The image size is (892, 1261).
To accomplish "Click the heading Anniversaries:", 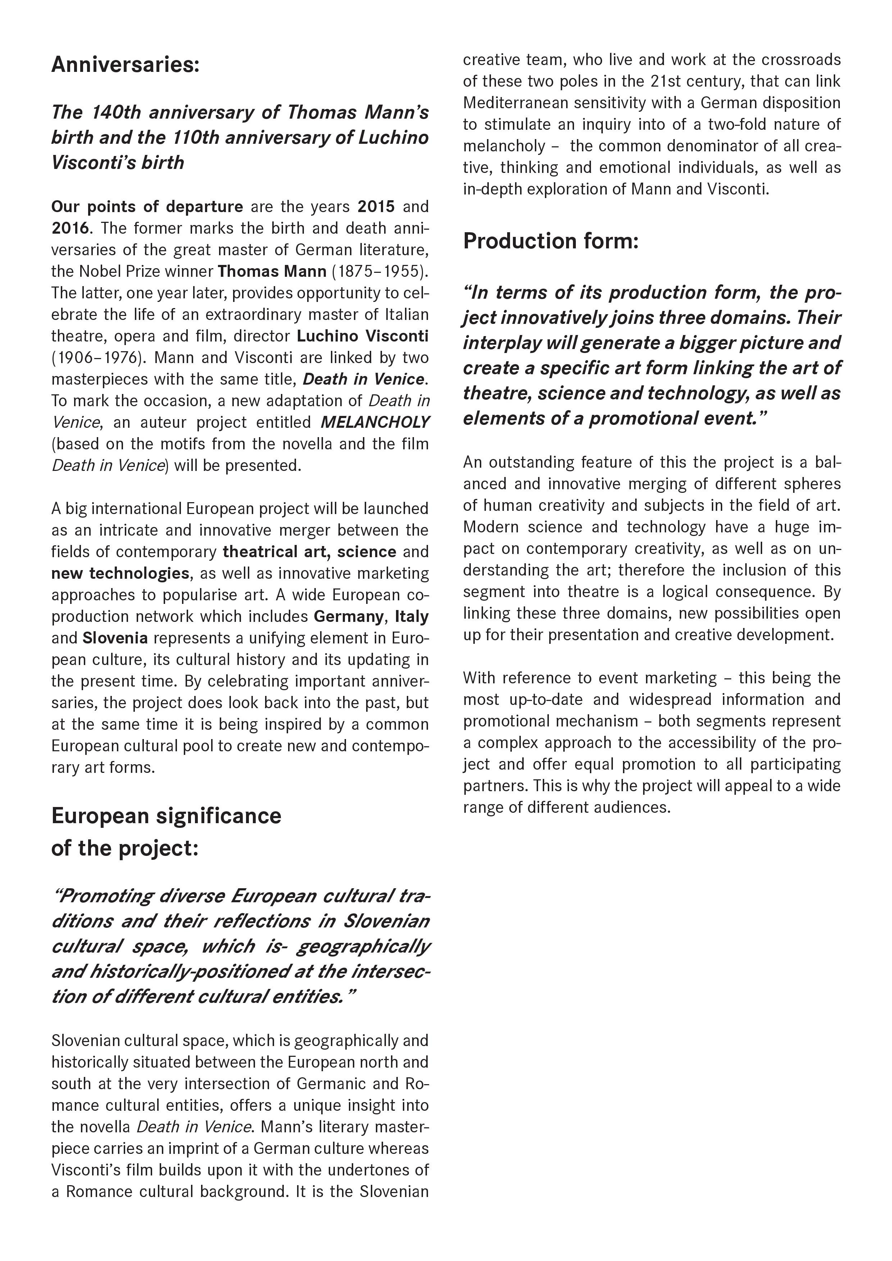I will tap(125, 65).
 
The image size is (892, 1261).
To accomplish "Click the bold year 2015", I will tap(376, 206).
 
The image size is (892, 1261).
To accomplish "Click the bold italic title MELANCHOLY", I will tap(375, 422).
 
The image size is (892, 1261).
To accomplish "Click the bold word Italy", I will tap(411, 616).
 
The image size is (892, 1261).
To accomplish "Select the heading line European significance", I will tap(166, 816).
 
